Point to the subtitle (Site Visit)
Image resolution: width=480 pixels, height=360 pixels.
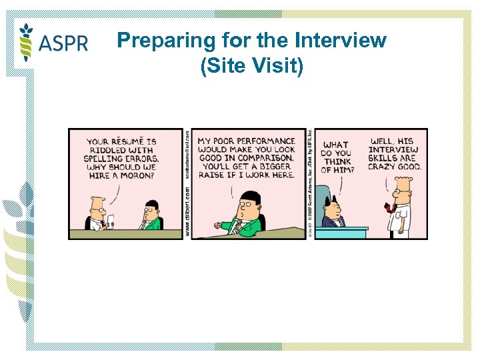pyautogui.click(x=251, y=66)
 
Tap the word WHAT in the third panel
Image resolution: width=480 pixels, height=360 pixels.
pyautogui.click(x=335, y=145)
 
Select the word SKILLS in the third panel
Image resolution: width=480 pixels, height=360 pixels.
pyautogui.click(x=382, y=158)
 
